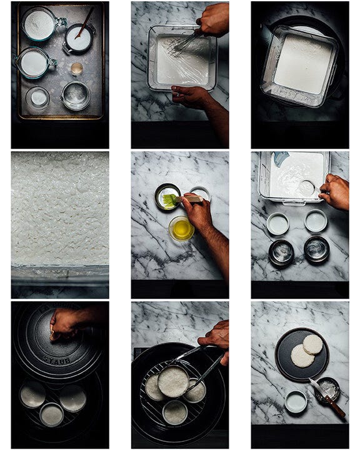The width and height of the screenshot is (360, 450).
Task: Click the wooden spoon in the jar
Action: click(x=85, y=23)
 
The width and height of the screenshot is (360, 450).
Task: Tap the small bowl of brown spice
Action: click(x=77, y=69)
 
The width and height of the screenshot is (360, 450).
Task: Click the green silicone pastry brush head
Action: click(x=169, y=201)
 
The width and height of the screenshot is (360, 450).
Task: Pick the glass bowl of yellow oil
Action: click(x=181, y=229)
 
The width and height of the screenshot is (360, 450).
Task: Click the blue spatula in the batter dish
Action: click(x=279, y=158)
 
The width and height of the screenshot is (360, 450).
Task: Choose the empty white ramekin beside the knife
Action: click(x=296, y=401)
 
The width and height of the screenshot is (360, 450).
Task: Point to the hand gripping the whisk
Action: click(x=213, y=19)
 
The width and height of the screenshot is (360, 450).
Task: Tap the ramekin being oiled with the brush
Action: click(x=167, y=197)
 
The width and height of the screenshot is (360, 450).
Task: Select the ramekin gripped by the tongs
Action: click(x=173, y=381)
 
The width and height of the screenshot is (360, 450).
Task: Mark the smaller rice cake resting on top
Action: click(x=313, y=344)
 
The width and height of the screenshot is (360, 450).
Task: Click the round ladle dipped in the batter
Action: click(x=306, y=189)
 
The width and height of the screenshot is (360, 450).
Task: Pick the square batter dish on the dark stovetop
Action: click(x=300, y=66)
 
